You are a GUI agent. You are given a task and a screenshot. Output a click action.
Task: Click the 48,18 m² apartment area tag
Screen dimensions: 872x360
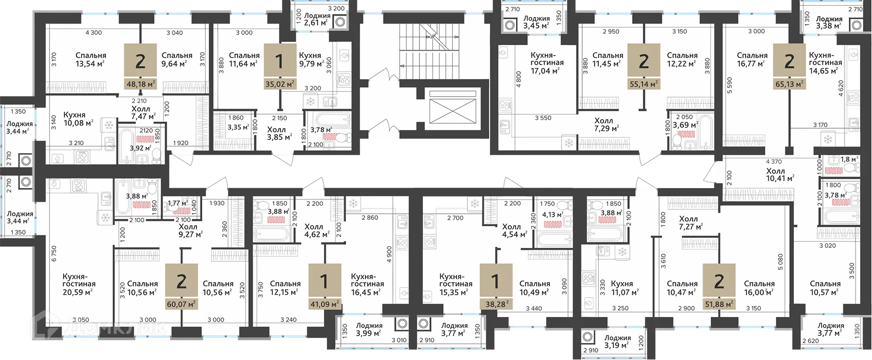coord(141,84)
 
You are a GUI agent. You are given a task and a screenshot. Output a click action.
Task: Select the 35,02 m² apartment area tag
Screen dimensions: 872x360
coord(280,84)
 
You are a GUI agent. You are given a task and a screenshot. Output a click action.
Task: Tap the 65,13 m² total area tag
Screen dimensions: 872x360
coord(789,84)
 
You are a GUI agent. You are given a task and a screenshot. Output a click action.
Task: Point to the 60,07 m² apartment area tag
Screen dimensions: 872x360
coord(182,304)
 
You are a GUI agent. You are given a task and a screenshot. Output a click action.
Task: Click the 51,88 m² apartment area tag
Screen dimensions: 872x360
coord(719,304)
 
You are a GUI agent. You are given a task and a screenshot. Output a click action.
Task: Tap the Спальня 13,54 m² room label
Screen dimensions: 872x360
coord(91,60)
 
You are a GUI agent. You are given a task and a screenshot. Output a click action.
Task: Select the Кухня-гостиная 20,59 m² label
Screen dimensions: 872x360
coord(79,284)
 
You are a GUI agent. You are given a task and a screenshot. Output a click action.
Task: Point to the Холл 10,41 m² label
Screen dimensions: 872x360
coord(780,175)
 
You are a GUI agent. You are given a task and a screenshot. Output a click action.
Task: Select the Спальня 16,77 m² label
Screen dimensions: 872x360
coord(752,60)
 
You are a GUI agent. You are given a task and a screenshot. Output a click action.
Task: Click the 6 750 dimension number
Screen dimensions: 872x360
coord(54,253)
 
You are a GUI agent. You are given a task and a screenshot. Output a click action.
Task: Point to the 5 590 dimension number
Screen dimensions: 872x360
coord(729,85)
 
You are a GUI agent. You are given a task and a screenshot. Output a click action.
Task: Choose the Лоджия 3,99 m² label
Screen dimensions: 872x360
coord(369,329)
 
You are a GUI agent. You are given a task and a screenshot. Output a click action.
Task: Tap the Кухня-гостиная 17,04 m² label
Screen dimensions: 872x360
coord(547,63)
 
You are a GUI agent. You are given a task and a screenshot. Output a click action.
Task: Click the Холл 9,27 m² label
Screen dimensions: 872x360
coord(191,230)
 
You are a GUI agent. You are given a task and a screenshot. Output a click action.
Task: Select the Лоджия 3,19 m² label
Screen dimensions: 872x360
coord(617,342)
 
